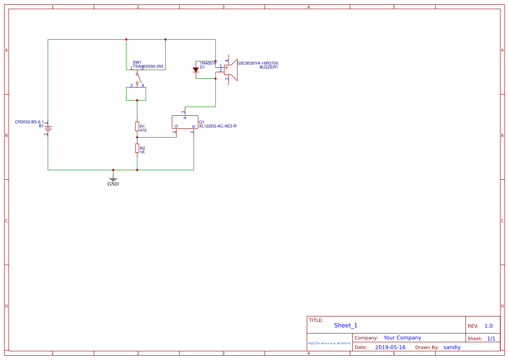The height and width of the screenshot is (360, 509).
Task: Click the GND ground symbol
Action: tap(113, 180)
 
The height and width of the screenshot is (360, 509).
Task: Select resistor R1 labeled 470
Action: tap(137, 127)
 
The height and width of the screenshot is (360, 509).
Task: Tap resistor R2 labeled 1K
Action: tap(137, 148)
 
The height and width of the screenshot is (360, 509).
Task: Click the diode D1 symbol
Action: tap(196, 70)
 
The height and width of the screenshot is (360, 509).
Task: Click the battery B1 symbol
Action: tap(48, 128)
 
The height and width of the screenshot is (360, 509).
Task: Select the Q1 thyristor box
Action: tap(185, 122)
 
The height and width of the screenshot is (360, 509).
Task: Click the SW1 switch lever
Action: tap(139, 78)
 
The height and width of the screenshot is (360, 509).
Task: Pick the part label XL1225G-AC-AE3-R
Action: tap(218, 126)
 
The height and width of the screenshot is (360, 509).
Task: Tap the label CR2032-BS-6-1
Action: tap(30, 122)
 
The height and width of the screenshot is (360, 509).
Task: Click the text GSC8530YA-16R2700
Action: tap(257, 63)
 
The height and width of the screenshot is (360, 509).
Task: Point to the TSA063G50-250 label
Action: tap(148, 67)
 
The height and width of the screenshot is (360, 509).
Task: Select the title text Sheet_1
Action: tap(346, 325)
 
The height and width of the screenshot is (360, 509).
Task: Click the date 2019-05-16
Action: tap(390, 347)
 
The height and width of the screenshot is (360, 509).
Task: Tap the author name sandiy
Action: tap(452, 347)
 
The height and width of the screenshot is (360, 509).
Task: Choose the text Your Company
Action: tap(402, 337)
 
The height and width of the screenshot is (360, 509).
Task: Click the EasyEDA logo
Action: tap(330, 343)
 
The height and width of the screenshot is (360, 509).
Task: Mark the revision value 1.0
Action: tap(489, 326)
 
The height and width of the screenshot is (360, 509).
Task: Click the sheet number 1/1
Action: tap(491, 338)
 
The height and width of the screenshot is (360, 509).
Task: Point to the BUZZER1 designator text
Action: tap(269, 67)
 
